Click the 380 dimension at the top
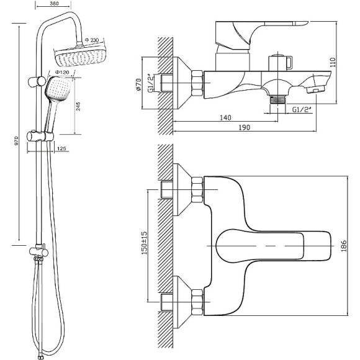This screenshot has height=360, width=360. (54, 4)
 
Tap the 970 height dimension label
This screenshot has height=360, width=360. (16, 141)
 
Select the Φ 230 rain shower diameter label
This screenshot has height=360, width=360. (92, 40)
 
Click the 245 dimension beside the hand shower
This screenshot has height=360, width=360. (78, 107)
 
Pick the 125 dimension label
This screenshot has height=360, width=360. (61, 148)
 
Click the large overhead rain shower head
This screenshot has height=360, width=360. (80, 56)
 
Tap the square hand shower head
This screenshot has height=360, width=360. (58, 89)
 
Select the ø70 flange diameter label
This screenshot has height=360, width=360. (138, 84)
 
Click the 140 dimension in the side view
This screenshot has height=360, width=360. (225, 117)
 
